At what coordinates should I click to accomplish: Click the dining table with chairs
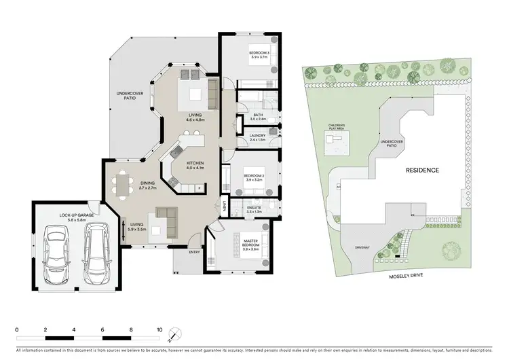[123, 184]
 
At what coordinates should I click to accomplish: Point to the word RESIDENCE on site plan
[423, 170]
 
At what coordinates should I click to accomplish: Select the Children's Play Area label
[338, 127]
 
